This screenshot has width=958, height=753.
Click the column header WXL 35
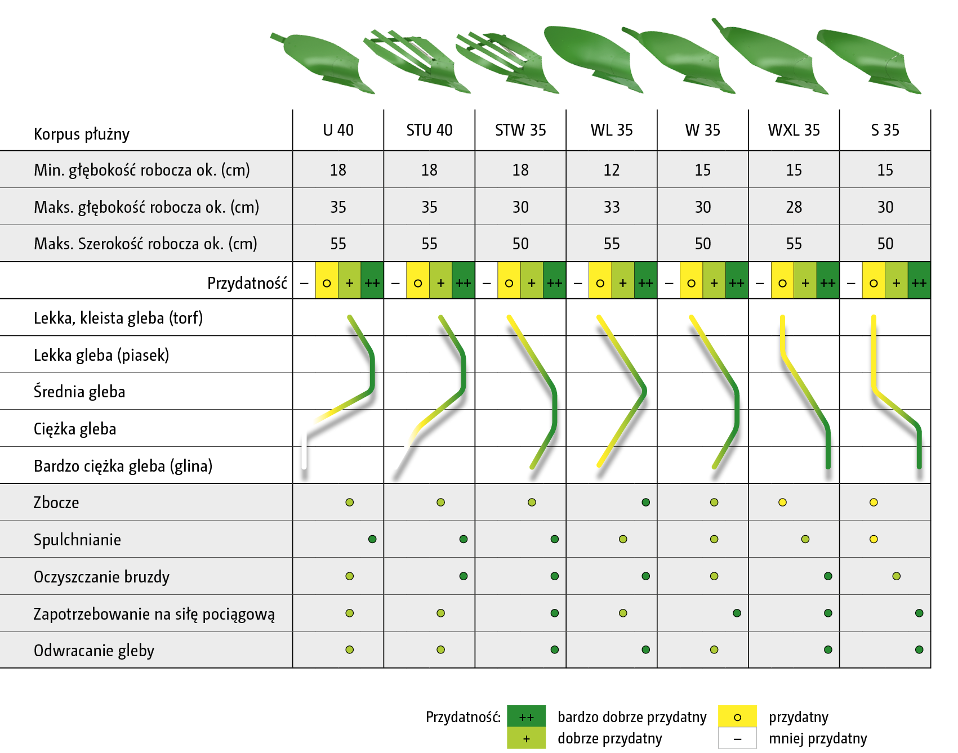pyautogui.click(x=794, y=130)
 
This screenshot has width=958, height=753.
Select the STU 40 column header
pyautogui.click(x=429, y=130)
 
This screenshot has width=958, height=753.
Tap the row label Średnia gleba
pyautogui.click(x=79, y=392)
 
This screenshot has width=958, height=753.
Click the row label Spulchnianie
pyautogui.click(x=77, y=540)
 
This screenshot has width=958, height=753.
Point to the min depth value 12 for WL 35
pyautogui.click(x=612, y=170)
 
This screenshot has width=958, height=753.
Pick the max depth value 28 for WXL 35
pyautogui.click(x=794, y=207)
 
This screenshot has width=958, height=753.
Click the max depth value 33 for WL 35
pyautogui.click(x=612, y=207)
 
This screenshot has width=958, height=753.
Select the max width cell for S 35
pyautogui.click(x=885, y=244)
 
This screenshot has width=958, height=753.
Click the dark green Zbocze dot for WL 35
pyautogui.click(x=646, y=503)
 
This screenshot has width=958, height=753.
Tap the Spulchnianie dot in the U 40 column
pyautogui.click(x=372, y=539)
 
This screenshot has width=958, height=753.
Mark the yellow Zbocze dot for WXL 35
pyautogui.click(x=782, y=503)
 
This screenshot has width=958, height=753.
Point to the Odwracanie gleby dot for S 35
pyautogui.click(x=919, y=650)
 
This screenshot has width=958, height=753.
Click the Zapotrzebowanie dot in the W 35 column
pyautogui.click(x=737, y=613)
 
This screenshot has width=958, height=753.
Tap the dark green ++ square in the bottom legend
pyautogui.click(x=526, y=716)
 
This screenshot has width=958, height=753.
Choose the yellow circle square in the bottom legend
pyautogui.click(x=737, y=716)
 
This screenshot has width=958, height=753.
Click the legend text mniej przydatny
pyautogui.click(x=818, y=738)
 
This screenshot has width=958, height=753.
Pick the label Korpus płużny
pyautogui.click(x=82, y=134)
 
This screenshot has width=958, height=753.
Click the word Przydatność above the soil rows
pyautogui.click(x=247, y=283)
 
